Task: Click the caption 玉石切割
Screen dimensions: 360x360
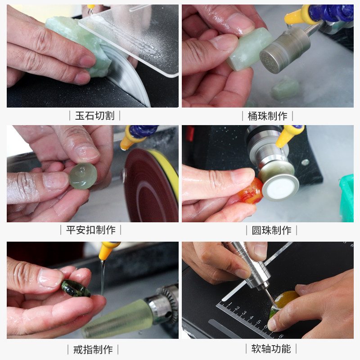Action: point(94,116)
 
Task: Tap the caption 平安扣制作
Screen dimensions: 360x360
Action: point(91,230)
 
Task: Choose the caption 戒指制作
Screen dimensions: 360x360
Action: point(93,349)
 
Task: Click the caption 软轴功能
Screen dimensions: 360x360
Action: point(271,348)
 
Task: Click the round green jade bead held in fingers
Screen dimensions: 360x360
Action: point(83,175)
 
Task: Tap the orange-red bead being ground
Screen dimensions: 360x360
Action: point(250,191)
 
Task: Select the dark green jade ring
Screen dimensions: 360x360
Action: point(75,288)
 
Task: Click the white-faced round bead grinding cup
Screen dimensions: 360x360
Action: point(280,186)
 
